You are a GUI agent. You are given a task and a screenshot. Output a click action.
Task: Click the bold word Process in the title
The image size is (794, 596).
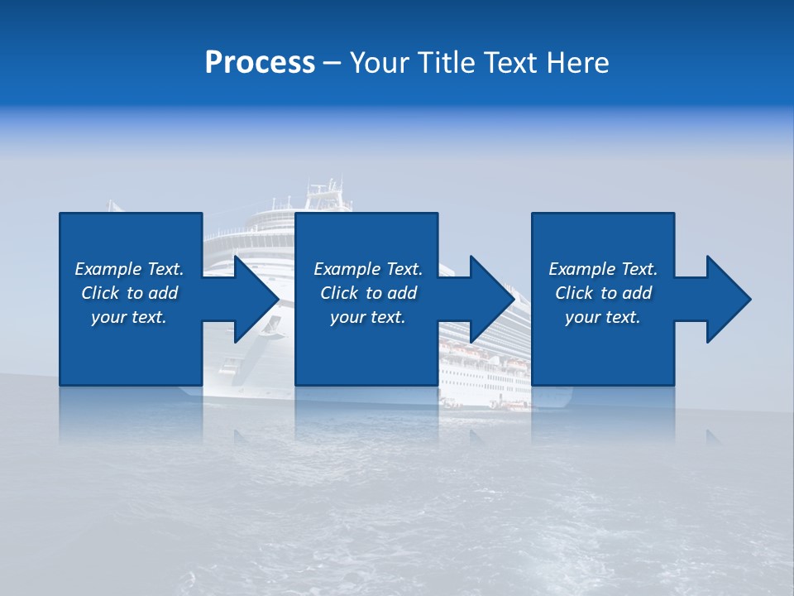(260, 63)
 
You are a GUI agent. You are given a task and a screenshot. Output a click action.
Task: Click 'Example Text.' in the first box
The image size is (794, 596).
(129, 269)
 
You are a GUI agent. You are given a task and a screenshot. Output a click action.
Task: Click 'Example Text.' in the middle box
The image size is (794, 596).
(368, 269)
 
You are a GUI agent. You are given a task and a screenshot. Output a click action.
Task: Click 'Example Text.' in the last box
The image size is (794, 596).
(603, 269)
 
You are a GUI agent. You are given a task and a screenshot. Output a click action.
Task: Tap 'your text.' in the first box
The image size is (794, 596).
(129, 317)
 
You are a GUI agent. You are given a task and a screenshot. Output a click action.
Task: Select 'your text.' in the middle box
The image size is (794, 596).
(368, 317)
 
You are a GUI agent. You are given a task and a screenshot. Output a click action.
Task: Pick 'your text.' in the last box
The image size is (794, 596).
(603, 317)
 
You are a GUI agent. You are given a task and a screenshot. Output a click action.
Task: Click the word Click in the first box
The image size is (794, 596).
(100, 293)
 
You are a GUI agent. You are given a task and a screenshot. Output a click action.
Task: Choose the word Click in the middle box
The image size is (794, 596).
(339, 293)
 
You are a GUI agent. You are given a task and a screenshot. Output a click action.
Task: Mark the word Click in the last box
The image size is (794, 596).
(574, 293)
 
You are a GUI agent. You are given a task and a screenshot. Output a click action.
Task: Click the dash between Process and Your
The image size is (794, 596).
(332, 64)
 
